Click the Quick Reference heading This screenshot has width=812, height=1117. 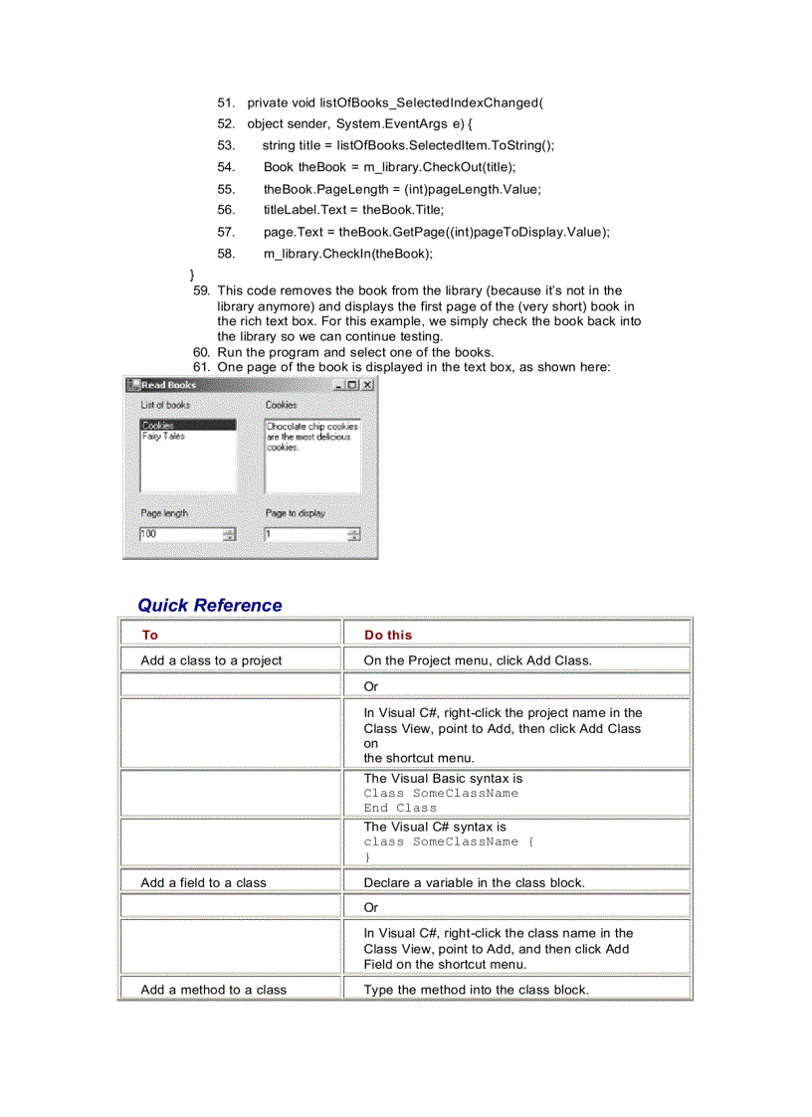click(209, 605)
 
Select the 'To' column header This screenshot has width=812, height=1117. click(149, 635)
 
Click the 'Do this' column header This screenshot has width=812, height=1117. click(387, 635)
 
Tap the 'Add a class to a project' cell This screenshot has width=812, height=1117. click(211, 660)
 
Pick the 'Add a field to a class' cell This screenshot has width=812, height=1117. click(203, 882)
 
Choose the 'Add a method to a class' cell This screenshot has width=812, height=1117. click(213, 990)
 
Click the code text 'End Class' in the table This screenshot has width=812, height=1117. click(400, 808)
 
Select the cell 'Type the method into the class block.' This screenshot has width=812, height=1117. click(476, 990)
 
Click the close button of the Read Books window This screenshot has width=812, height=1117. click(367, 385)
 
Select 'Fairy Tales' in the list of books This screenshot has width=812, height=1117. click(162, 436)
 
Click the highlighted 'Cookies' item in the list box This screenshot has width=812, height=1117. click(157, 426)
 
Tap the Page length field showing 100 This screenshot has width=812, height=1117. click(180, 534)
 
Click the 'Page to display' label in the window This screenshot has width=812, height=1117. click(295, 513)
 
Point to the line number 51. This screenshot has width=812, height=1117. click(226, 102)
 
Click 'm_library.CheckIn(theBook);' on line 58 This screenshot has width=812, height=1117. click(347, 254)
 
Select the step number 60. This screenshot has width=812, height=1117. click(201, 352)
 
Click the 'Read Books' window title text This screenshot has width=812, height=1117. click(168, 385)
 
